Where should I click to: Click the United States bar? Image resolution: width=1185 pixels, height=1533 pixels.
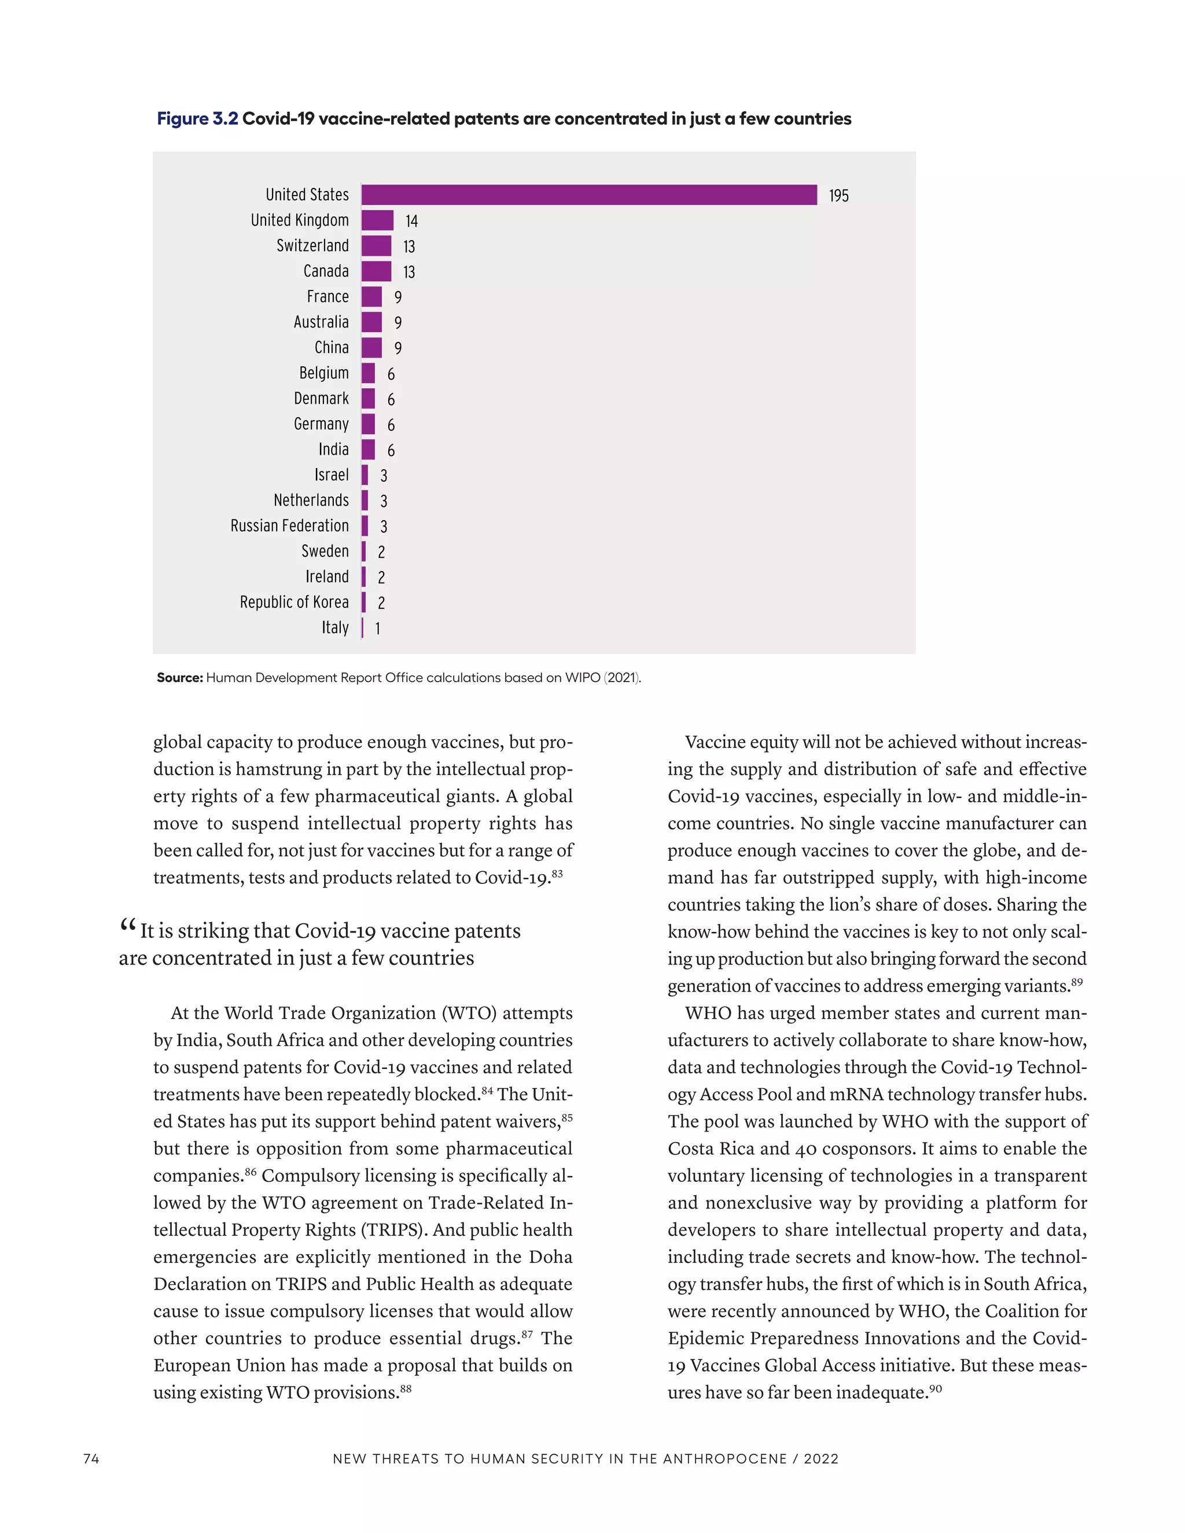[588, 194]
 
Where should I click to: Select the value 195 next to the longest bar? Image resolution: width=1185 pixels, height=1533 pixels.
[838, 196]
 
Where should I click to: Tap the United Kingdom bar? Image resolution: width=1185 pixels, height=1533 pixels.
[377, 220]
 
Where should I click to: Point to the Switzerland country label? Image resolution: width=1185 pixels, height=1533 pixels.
[312, 246]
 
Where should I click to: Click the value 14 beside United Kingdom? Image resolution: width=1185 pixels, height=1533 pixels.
[411, 221]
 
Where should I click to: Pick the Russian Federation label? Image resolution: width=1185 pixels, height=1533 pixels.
[289, 526]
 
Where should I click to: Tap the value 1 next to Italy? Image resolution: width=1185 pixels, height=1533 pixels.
[378, 629]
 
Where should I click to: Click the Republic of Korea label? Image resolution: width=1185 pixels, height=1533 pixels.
[294, 602]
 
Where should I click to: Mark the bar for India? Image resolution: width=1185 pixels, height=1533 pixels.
[368, 449]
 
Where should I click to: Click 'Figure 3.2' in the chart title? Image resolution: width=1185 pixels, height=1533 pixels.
[197, 119]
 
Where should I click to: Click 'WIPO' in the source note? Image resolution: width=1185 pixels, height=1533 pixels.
[582, 677]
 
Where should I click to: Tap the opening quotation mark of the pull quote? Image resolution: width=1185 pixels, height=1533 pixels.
[128, 927]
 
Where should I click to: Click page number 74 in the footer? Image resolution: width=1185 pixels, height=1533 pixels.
[91, 1458]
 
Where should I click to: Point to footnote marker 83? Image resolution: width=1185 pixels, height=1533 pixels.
[557, 873]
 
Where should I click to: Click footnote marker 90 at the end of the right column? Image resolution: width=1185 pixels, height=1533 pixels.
[935, 1388]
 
